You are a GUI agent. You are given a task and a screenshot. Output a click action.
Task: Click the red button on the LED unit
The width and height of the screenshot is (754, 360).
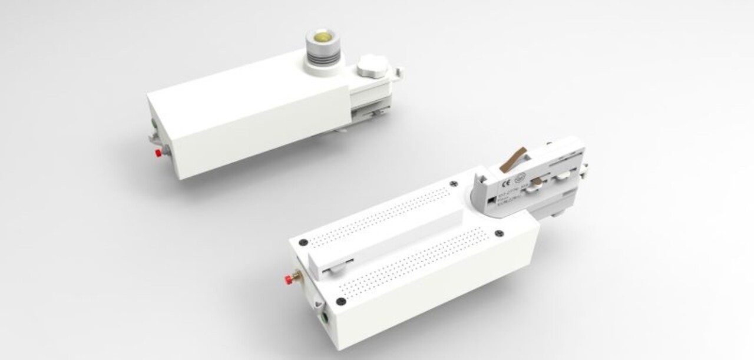(x=158, y=153)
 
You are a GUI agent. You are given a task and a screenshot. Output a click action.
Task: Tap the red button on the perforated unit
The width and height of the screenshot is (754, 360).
(x=289, y=277)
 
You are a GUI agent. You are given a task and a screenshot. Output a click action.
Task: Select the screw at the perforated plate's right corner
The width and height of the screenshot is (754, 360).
(x=499, y=233)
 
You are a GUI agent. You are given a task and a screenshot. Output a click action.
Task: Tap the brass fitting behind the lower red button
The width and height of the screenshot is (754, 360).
(x=297, y=274)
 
